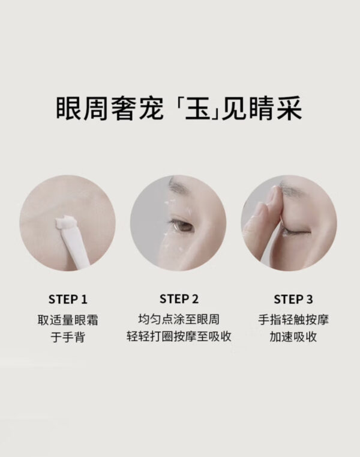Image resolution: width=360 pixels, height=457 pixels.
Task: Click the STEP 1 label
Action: coord(68,299)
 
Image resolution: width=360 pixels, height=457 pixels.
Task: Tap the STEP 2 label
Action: coord(179,298)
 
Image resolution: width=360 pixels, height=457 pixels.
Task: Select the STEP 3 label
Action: coord(293,299)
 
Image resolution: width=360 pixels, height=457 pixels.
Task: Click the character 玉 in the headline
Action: coord(198,109)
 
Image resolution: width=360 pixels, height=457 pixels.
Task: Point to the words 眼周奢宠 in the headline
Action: coord(110,109)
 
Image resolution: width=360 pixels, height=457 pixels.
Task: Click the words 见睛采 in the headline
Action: coord(262,109)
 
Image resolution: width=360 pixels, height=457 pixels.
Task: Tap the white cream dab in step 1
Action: coord(65,224)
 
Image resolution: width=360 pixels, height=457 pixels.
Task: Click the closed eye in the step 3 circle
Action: coord(295,232)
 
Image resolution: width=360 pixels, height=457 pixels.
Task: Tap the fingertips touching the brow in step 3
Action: coord(273,196)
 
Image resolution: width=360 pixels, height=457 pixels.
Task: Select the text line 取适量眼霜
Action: coord(68,319)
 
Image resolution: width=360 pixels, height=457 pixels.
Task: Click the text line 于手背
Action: coord(68,337)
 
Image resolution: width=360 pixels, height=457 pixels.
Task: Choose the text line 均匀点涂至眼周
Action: coord(179,319)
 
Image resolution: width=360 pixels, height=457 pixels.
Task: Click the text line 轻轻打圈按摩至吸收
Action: coord(179,336)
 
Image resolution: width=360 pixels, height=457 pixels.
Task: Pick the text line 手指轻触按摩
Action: coord(293,319)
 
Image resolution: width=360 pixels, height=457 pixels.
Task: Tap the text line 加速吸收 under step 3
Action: coord(293,337)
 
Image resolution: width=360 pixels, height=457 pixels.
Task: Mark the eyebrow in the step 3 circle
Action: coord(291,185)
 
